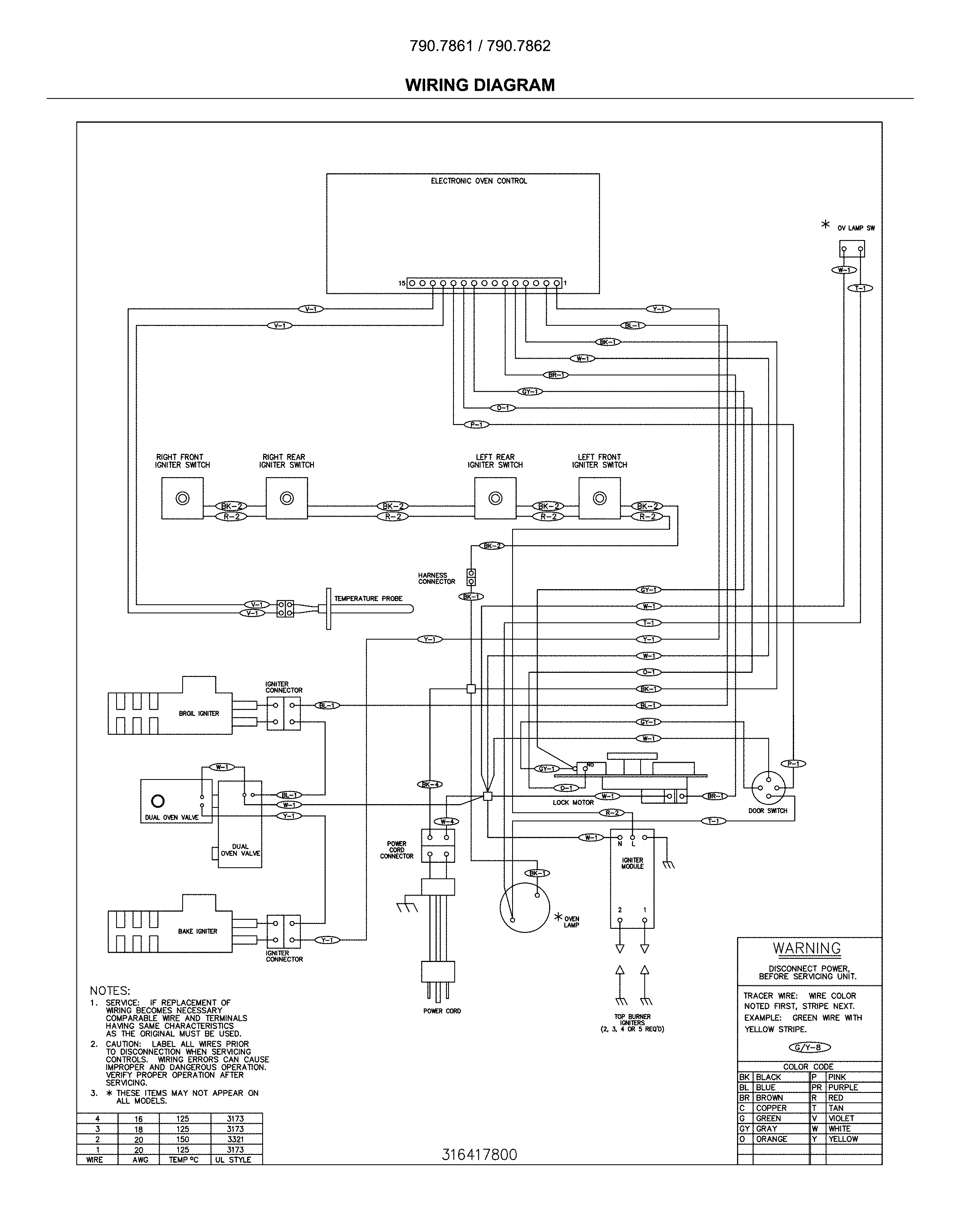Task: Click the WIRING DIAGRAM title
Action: [x=480, y=85]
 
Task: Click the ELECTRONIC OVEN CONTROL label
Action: [x=478, y=181]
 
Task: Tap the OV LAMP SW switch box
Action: [x=852, y=248]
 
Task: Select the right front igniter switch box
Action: [x=182, y=498]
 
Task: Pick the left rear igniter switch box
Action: [x=495, y=498]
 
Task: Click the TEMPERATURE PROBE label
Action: [x=368, y=598]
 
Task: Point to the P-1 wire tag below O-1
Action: [x=476, y=425]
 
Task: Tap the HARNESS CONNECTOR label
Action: [x=437, y=578]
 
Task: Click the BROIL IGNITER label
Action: [x=199, y=713]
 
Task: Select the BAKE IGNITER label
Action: [x=197, y=931]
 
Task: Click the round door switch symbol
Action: [x=768, y=788]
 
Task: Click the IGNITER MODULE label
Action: [x=632, y=863]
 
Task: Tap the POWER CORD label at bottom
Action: [x=442, y=1010]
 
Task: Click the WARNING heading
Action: [x=807, y=949]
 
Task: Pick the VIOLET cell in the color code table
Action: [x=842, y=1118]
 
